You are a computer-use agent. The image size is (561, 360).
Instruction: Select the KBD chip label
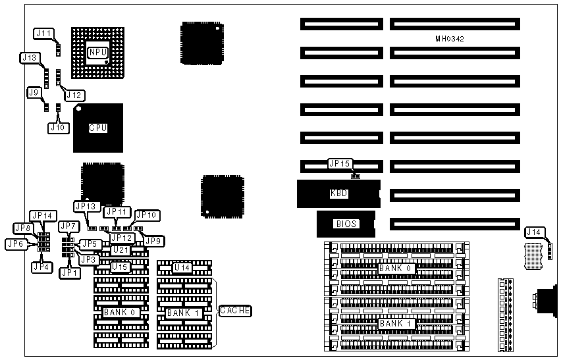click(x=338, y=193)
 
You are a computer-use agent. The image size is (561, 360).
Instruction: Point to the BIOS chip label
click(x=346, y=224)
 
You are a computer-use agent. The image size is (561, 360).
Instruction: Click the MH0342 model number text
click(x=450, y=39)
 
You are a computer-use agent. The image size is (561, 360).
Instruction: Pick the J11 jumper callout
click(x=43, y=33)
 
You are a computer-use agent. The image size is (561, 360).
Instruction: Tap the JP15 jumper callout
click(x=340, y=165)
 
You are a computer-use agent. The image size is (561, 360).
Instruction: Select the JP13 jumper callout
click(x=86, y=207)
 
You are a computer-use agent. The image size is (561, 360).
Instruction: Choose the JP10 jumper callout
click(x=146, y=215)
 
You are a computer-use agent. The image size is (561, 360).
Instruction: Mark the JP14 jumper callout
click(x=43, y=215)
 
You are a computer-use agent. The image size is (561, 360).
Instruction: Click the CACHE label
click(x=235, y=310)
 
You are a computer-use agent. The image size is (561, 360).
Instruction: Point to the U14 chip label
click(x=182, y=268)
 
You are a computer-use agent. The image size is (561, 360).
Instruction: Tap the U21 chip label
click(x=119, y=250)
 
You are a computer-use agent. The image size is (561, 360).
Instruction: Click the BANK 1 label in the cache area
click(x=182, y=313)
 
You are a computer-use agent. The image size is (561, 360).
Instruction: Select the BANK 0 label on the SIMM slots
click(x=395, y=269)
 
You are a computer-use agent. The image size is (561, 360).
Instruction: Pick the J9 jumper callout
click(x=35, y=93)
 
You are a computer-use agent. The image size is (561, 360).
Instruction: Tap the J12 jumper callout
click(x=74, y=95)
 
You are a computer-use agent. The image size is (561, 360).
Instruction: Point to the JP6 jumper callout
click(x=16, y=244)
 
